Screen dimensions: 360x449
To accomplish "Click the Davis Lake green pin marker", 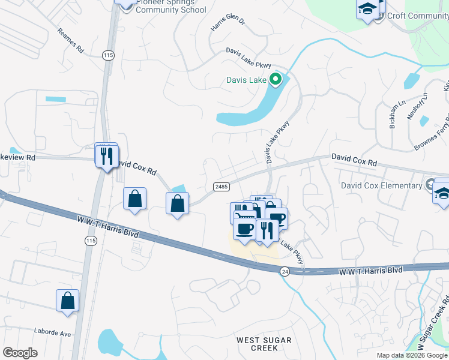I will pos(276,79).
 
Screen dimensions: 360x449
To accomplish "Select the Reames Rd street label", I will pos(70,41).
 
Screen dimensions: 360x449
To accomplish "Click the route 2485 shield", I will pos(221,187).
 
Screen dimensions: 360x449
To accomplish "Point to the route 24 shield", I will pos(285,272).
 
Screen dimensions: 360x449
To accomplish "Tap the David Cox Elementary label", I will pos(381,185).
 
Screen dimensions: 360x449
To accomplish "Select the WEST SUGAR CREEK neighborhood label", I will pos(264,344).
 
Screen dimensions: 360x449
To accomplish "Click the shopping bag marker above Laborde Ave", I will pos(68,301).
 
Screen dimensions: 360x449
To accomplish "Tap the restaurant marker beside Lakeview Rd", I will pos(106,156).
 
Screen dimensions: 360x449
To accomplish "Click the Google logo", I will pos(20,353).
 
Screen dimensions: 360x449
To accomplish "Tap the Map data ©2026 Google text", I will pos(412,355).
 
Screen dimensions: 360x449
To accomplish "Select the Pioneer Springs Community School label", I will pos(171,6).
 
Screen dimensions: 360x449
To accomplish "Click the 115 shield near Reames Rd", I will pos(108,55).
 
